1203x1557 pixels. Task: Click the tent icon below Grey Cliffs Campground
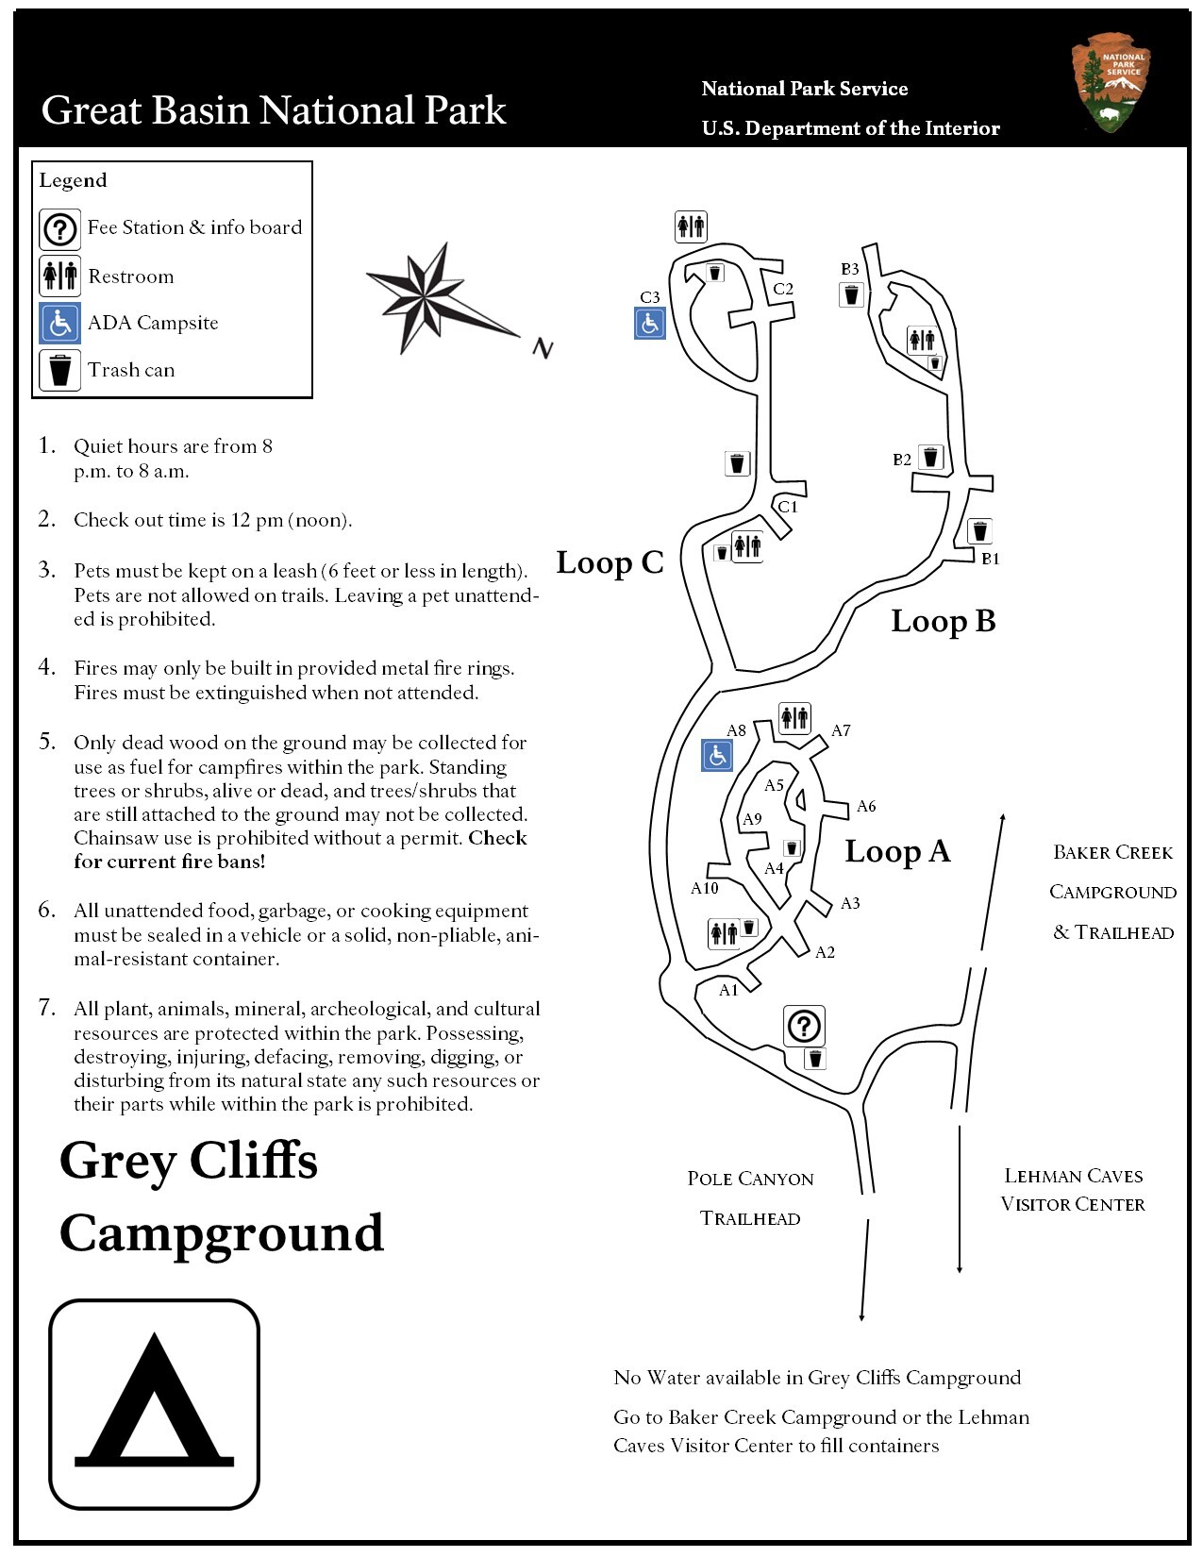(x=155, y=1405)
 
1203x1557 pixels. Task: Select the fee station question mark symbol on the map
(x=804, y=1026)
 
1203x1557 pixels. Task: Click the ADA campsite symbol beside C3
(x=650, y=323)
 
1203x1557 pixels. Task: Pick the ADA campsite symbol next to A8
(x=717, y=755)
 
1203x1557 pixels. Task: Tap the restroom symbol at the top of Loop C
(x=691, y=226)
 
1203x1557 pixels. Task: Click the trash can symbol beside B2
(x=931, y=458)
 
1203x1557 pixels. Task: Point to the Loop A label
(x=897, y=851)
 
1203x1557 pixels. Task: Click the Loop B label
(x=944, y=621)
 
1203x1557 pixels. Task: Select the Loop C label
(x=610, y=562)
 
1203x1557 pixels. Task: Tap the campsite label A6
(x=866, y=806)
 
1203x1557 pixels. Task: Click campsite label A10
(x=705, y=888)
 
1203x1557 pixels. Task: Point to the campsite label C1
(x=788, y=507)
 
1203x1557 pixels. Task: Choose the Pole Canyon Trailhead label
(x=750, y=1198)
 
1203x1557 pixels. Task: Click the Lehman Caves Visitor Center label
(x=1073, y=1190)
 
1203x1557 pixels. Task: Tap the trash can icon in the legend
(x=60, y=370)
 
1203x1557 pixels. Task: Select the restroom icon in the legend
(x=60, y=276)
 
